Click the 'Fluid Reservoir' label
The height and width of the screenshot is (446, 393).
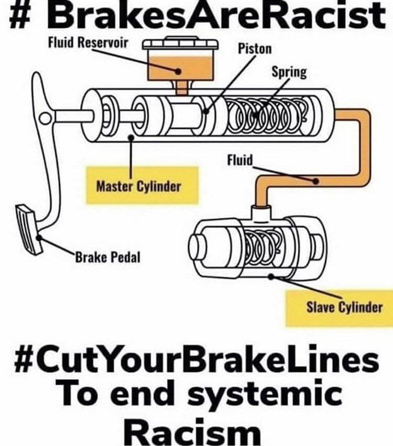[x=88, y=43]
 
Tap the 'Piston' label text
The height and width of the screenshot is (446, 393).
[x=255, y=49]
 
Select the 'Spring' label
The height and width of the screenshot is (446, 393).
[x=289, y=72]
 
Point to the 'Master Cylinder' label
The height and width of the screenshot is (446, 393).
[x=139, y=186]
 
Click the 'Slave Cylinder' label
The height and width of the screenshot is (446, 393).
[x=344, y=307]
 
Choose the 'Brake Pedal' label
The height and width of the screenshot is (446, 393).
[x=107, y=258]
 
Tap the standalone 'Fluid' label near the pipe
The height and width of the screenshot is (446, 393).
[x=240, y=160]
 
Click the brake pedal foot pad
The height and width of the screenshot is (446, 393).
[x=28, y=229]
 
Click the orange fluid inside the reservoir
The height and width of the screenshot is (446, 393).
[x=181, y=68]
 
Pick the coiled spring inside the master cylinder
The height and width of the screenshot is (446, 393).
[x=268, y=115]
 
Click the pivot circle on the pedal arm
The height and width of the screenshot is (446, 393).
[x=45, y=118]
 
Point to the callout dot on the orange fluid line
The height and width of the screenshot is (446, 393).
[x=315, y=181]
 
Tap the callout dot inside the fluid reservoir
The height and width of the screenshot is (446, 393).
[x=178, y=71]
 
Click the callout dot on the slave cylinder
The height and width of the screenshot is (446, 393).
[x=271, y=276]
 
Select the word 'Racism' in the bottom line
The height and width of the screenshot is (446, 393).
[x=192, y=432]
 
